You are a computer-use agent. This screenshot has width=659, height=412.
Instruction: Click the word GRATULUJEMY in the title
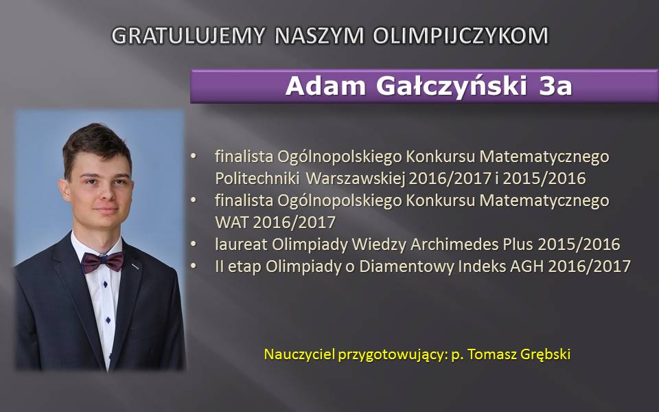point(188,35)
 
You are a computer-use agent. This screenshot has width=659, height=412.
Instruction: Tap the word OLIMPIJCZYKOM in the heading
point(461,35)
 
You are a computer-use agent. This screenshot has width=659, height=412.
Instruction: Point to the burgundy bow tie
point(102,262)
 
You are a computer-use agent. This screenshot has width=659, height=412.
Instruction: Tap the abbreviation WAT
point(231,222)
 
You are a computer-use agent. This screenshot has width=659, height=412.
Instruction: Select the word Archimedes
point(454,244)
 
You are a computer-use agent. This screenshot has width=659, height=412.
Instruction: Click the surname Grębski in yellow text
point(546,354)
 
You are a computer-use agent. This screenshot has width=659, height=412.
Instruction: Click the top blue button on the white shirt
point(104,284)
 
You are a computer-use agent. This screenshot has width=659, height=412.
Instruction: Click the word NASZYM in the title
point(319,35)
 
